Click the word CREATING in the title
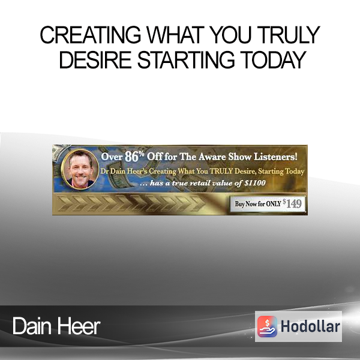[91, 35]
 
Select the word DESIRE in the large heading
[95, 59]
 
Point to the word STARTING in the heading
[186, 59]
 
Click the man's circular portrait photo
[80, 169]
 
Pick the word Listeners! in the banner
[275, 157]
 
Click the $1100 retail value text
[255, 183]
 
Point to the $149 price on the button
[292, 203]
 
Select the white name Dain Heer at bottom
[56, 326]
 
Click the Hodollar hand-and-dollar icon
[267, 326]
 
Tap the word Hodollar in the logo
[310, 326]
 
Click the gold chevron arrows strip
[131, 203]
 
